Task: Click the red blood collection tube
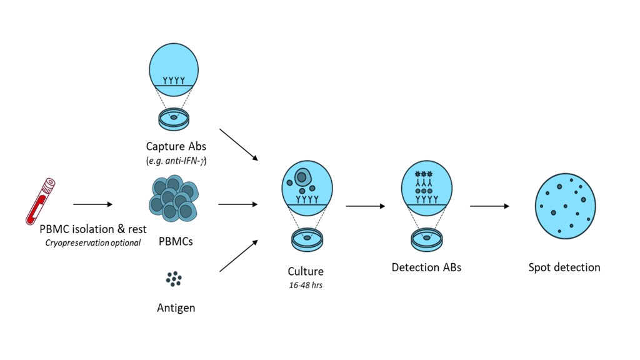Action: [39, 201]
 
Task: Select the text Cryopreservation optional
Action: [93, 242]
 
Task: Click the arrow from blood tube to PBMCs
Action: [92, 204]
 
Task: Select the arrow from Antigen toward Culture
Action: [239, 256]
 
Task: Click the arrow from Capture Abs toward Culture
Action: [239, 144]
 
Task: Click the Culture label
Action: [306, 272]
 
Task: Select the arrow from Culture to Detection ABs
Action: [365, 206]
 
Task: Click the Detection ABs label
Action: [426, 267]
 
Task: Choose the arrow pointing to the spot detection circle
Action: [489, 206]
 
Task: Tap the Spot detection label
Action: [564, 267]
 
